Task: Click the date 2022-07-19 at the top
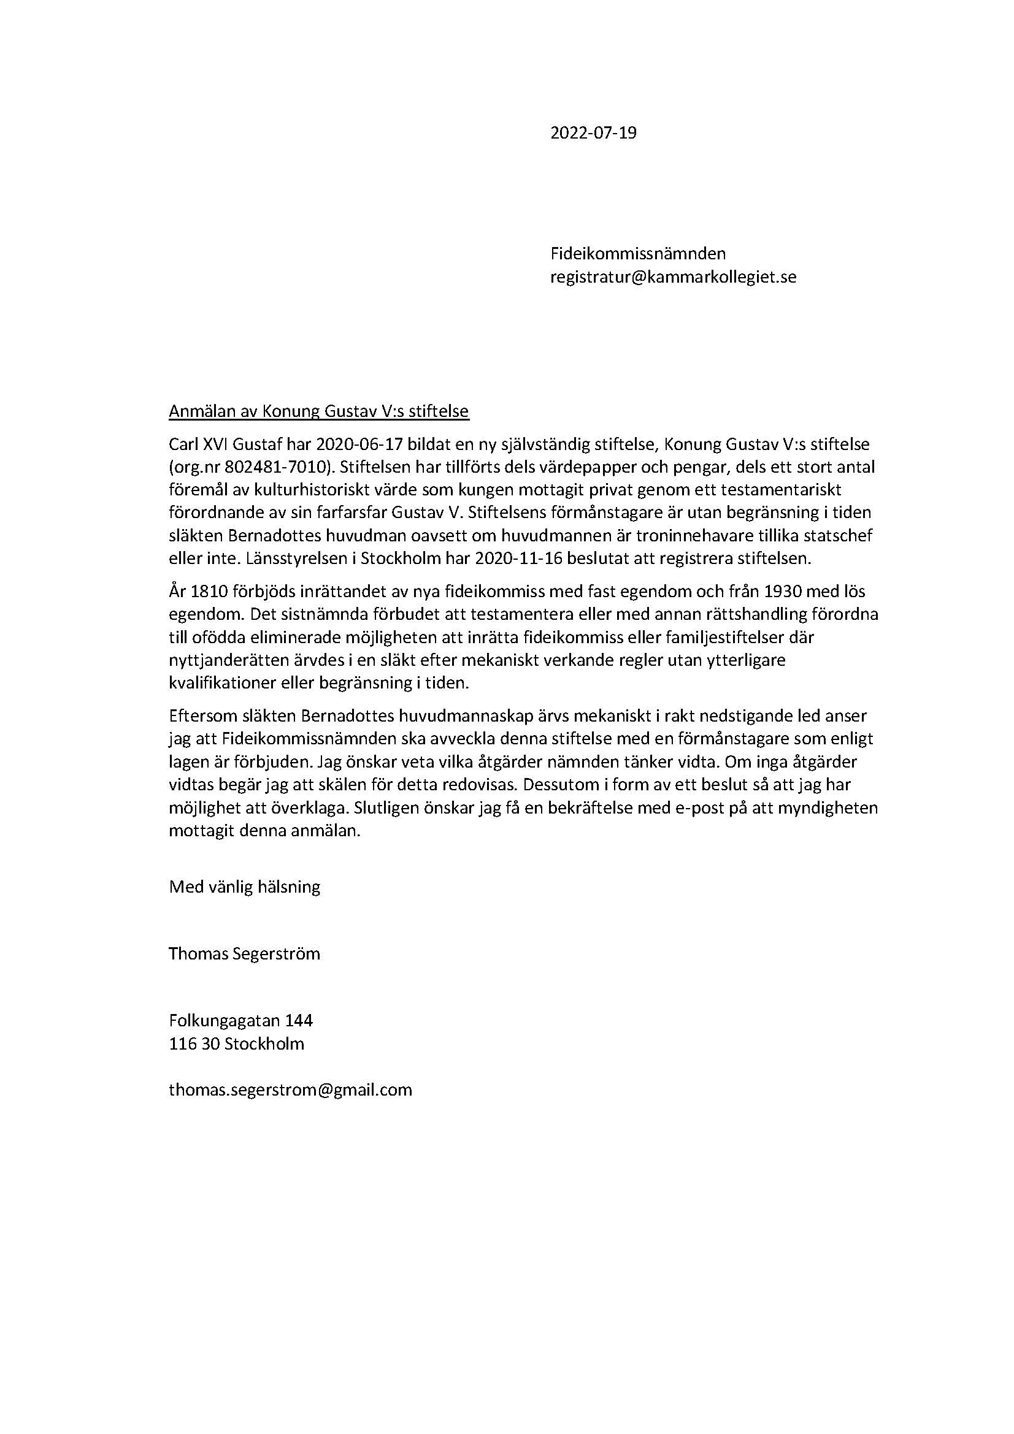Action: (x=593, y=133)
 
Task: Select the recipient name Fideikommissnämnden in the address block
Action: (x=637, y=254)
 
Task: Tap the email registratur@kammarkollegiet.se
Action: (x=673, y=277)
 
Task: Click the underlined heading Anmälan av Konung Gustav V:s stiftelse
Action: (x=318, y=411)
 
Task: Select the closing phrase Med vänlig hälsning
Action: (x=244, y=887)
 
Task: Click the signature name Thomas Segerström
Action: (x=244, y=954)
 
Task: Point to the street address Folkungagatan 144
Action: (x=240, y=1021)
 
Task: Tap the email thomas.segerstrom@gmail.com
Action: (x=291, y=1090)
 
